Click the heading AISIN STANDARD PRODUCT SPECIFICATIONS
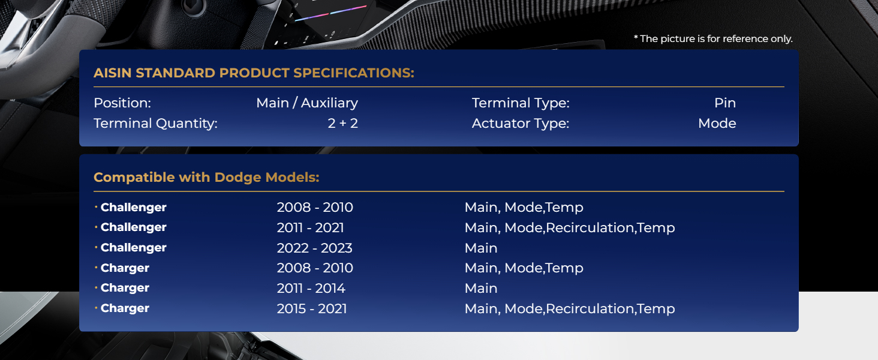pos(254,73)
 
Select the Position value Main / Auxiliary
pos(307,103)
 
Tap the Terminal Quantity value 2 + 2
pos(342,123)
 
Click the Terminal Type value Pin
pos(724,103)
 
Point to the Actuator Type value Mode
pos(717,123)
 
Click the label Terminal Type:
pos(521,103)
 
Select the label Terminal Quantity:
pos(155,124)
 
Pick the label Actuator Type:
pos(521,124)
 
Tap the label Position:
pos(122,103)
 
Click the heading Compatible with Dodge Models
pos(206,177)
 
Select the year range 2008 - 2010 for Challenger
pos(315,207)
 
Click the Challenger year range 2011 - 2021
pos(310,227)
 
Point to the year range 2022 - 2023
pos(314,248)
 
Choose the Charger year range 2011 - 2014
pos(311,288)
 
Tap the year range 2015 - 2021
pos(312,308)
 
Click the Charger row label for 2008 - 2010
pos(125,268)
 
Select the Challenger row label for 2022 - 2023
pos(133,247)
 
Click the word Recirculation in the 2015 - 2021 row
pos(590,308)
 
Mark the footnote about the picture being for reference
pos(713,38)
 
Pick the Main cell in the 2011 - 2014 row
pos(481,288)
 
